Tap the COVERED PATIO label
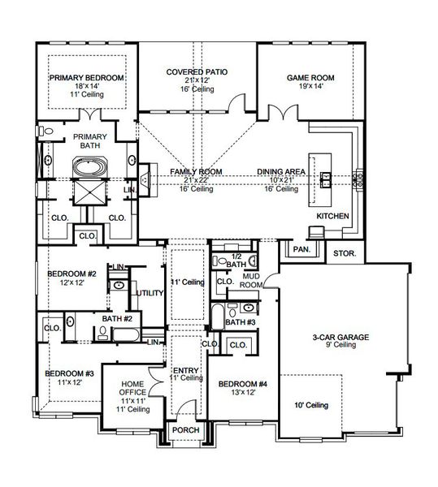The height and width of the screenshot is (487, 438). (197, 72)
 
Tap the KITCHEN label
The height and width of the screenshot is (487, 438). (332, 217)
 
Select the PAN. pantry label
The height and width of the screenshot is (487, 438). (302, 250)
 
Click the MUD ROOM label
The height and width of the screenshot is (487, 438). (251, 282)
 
